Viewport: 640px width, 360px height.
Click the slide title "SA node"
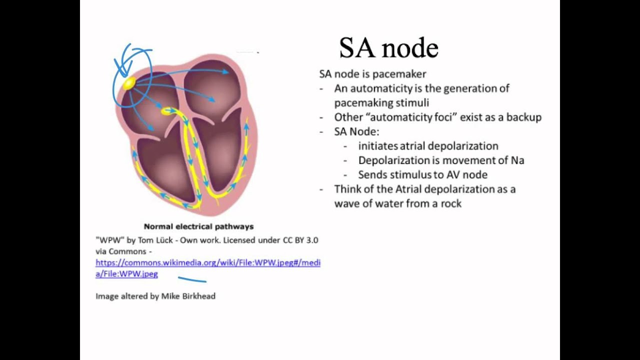(388, 48)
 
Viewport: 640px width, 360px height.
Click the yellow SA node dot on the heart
(128, 83)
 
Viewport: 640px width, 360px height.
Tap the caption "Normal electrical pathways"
(198, 226)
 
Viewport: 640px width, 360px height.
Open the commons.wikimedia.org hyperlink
(207, 263)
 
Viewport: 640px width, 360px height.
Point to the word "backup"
(523, 117)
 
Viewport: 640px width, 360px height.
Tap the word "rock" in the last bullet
(448, 203)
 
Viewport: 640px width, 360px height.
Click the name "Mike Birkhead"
(188, 296)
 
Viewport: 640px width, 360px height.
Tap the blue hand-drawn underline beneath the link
(192, 280)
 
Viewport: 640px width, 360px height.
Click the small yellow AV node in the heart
(166, 111)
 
